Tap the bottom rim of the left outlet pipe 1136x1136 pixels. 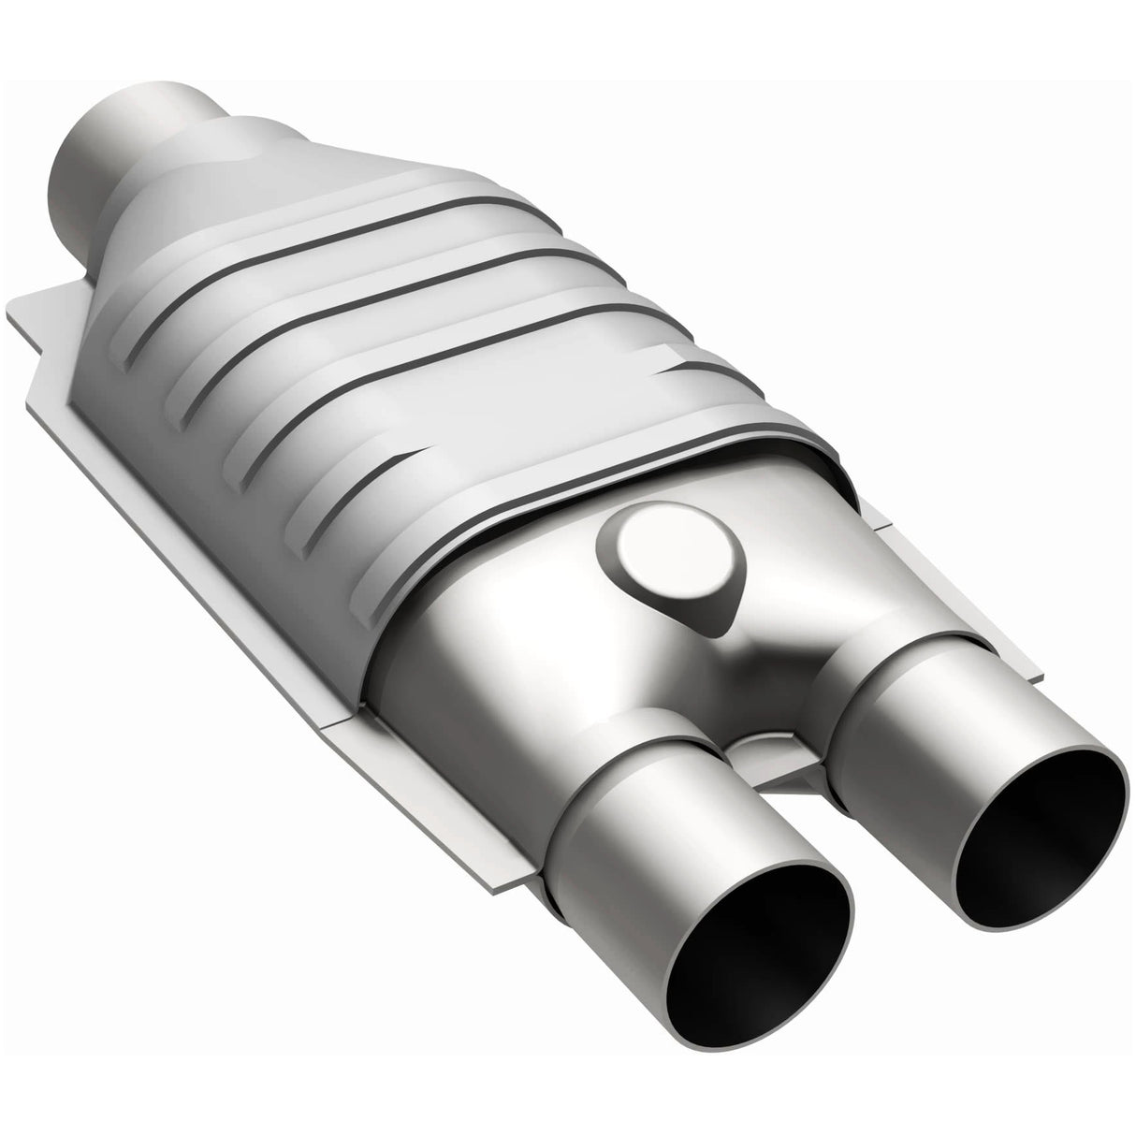click(x=749, y=1029)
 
